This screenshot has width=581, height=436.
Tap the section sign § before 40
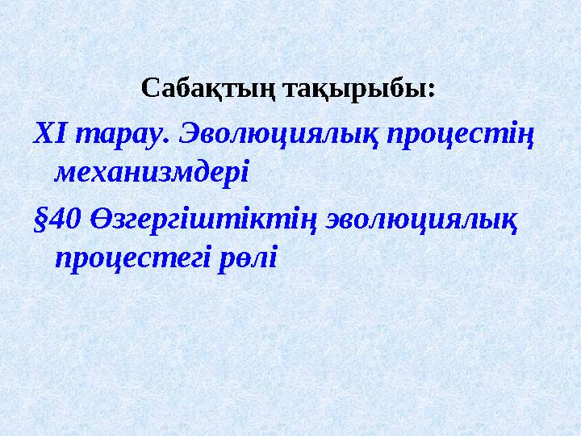40,217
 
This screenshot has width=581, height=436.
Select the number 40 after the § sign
61,216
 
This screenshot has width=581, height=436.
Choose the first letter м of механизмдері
62,172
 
